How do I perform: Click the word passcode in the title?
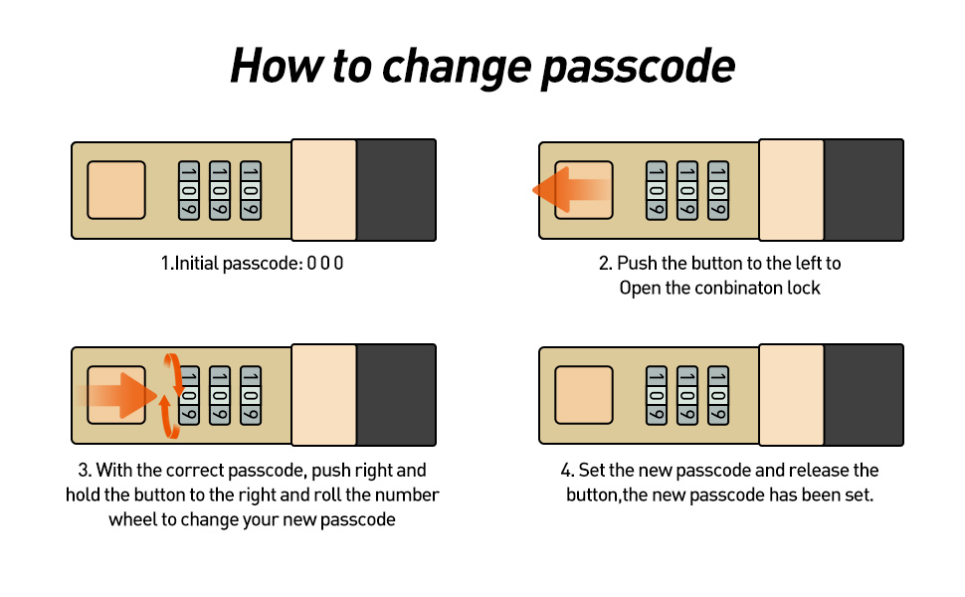point(638,67)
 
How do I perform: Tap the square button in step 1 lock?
point(116,189)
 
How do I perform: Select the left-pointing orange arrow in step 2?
point(570,189)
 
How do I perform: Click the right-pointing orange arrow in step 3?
point(119,395)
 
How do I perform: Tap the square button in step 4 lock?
point(583,395)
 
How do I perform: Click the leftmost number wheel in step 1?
point(189,190)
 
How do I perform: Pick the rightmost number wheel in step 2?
point(717,190)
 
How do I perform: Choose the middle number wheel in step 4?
point(686,395)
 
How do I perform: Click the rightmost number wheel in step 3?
point(251,395)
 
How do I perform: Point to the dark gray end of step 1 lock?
point(396,190)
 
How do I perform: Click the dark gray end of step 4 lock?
point(864,395)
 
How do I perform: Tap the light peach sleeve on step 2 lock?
point(791,190)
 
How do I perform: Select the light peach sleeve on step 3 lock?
point(323,395)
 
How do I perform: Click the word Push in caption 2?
point(637,265)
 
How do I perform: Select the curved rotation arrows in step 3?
point(171,396)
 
